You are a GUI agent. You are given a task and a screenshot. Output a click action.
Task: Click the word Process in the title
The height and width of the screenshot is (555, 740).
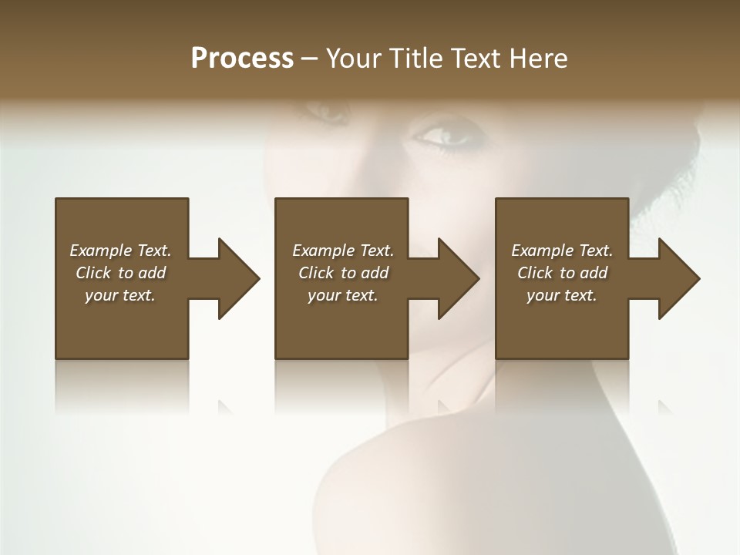coord(242,59)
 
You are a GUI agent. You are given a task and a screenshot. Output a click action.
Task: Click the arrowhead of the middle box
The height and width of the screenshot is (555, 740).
coord(458,278)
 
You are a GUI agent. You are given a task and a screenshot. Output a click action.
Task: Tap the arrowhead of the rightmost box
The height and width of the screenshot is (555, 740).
coord(678,278)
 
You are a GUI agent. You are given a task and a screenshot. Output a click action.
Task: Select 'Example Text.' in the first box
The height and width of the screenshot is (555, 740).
coord(120,251)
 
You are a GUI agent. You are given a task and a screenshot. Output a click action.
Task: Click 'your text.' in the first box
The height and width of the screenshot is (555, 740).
coord(120,295)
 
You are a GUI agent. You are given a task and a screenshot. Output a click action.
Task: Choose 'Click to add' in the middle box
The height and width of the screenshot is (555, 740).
coord(343,273)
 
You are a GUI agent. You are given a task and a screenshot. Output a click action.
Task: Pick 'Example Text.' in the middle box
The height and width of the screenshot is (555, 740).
coord(343,251)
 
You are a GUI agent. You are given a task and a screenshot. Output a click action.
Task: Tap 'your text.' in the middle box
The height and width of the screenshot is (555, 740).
coord(343,295)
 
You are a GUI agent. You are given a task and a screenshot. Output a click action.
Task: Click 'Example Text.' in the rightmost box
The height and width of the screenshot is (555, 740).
coord(562,251)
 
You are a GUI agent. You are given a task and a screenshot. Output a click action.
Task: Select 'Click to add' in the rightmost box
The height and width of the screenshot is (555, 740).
coord(562,273)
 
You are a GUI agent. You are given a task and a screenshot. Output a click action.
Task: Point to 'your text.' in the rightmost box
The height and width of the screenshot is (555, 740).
coord(562,295)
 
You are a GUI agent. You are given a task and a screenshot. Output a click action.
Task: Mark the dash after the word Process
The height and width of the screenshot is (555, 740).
coord(310,59)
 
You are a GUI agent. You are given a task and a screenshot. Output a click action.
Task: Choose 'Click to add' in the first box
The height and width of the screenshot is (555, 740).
coord(120,273)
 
